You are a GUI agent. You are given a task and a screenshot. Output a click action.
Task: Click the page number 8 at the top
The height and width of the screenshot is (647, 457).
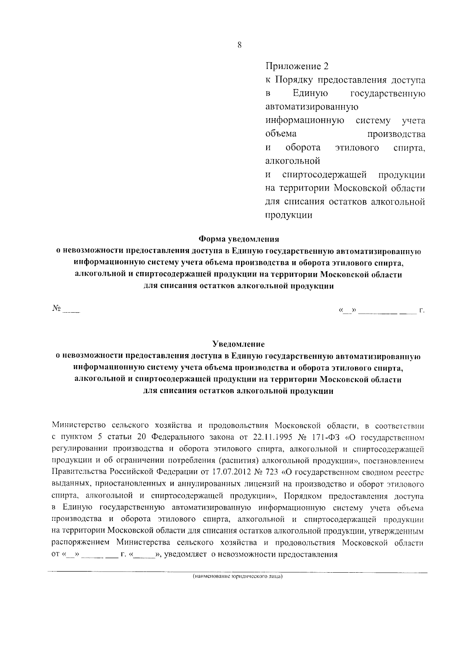[239, 45]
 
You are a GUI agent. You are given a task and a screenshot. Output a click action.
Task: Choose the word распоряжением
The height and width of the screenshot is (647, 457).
[80, 543]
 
